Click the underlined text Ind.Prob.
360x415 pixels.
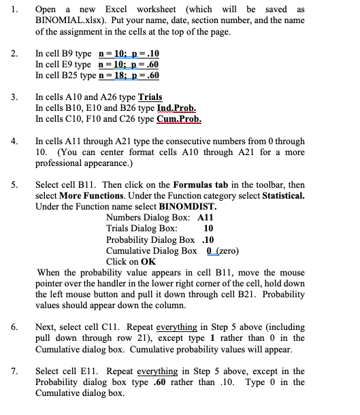(178, 107)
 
